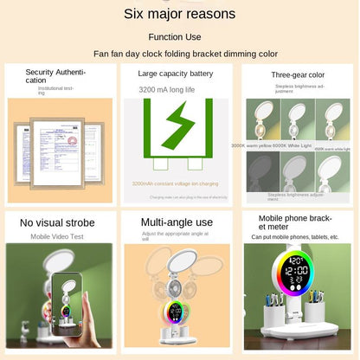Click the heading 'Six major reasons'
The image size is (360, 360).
(179, 14)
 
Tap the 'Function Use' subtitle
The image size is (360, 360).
(179, 36)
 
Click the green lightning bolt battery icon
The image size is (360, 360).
(179, 126)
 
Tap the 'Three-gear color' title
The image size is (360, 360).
(297, 74)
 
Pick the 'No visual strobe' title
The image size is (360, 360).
(58, 223)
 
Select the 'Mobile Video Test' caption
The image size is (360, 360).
(58, 235)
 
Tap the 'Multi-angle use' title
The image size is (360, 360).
(177, 222)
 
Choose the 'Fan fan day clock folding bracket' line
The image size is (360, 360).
(179, 54)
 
